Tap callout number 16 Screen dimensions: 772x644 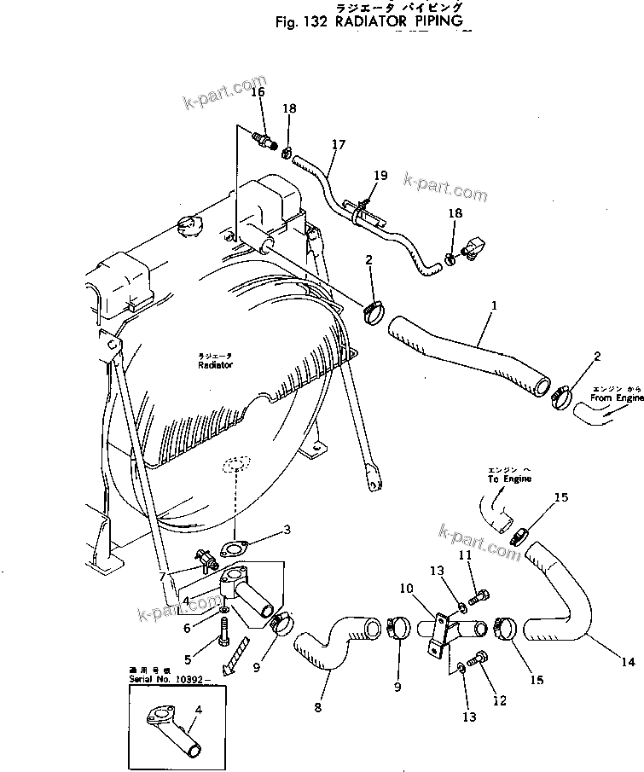tap(258, 92)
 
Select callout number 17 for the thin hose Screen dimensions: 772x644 tap(339, 145)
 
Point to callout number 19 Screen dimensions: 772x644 tap(380, 176)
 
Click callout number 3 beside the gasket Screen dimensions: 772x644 tap(287, 530)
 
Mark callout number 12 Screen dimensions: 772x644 tap(500, 701)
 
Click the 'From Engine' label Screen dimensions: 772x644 tap(612, 398)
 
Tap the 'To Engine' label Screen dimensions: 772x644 tap(510, 479)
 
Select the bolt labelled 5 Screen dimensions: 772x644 tap(225, 632)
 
